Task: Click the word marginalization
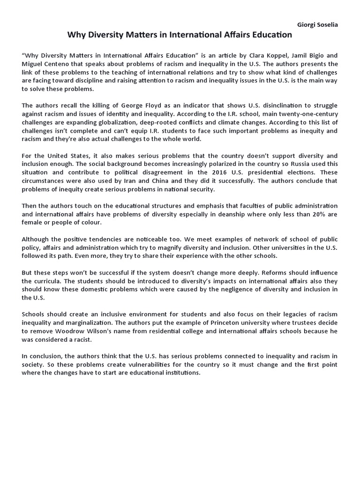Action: [x=90, y=322]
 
